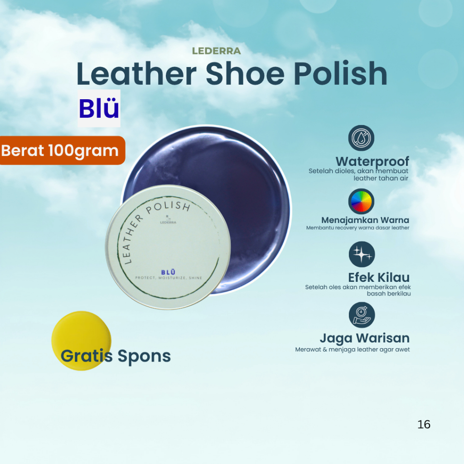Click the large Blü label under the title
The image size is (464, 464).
click(x=99, y=109)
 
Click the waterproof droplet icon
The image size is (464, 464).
click(x=361, y=138)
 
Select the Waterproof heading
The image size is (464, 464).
click(x=372, y=161)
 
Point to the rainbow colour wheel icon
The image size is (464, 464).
click(x=361, y=201)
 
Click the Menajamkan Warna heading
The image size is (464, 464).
click(x=365, y=220)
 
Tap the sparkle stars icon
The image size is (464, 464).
click(x=362, y=254)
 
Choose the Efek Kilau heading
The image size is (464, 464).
click(x=378, y=277)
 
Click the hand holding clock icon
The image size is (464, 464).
click(x=362, y=315)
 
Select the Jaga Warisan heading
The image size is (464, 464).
click(x=364, y=338)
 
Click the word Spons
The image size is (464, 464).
click(x=144, y=356)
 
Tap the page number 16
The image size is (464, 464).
click(x=424, y=425)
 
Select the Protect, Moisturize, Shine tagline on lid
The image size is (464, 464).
click(x=168, y=278)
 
